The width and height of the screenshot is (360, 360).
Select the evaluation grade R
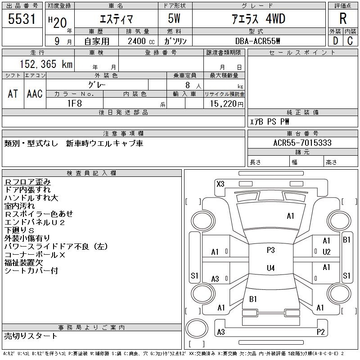click(x=342, y=18)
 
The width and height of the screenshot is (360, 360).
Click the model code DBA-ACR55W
click(x=255, y=40)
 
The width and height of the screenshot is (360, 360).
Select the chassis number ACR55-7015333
click(x=302, y=143)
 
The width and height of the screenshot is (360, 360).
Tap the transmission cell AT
click(x=13, y=94)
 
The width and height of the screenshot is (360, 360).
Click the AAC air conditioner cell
click(x=35, y=94)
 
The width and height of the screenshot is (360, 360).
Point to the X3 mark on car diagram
click(x=220, y=184)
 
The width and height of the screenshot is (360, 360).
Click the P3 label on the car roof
click(x=270, y=250)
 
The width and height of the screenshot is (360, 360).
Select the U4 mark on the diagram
click(x=270, y=268)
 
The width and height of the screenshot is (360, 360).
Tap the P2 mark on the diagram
click(x=320, y=332)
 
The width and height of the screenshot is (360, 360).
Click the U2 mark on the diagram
click(x=327, y=252)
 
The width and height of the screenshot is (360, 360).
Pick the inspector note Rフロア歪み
click(x=27, y=182)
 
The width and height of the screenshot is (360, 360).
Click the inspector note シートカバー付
click(x=31, y=271)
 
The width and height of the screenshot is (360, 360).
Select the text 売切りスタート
click(x=31, y=336)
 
